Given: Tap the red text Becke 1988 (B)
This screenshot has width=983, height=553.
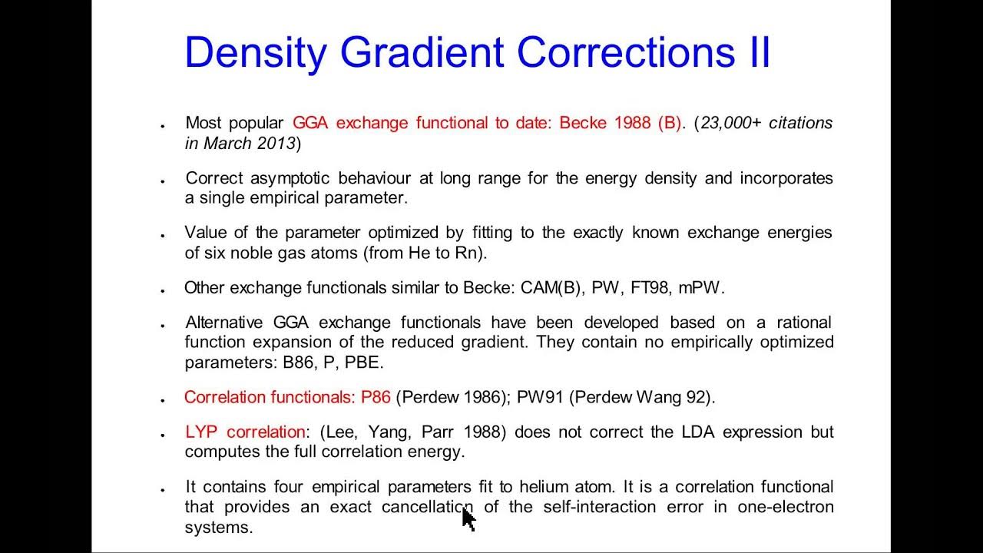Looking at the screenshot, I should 620,123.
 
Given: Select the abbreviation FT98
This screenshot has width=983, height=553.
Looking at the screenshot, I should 650,288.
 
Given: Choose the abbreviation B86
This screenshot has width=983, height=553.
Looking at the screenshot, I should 299,362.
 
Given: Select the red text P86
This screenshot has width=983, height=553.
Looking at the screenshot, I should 376,397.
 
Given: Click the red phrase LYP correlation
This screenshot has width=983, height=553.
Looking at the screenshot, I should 245,432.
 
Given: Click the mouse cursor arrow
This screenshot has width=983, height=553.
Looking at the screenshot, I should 468,519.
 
